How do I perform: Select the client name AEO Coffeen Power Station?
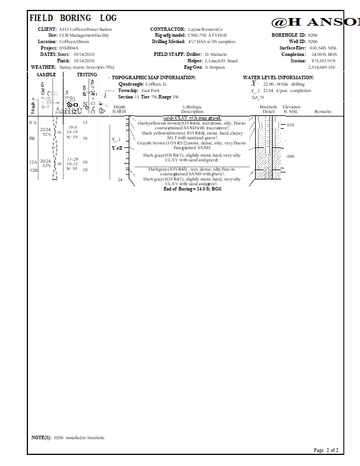86,29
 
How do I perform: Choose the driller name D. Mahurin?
216,55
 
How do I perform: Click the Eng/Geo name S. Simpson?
215,68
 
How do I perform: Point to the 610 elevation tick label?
291,125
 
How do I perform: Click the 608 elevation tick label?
291,156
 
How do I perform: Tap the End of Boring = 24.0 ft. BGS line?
192,189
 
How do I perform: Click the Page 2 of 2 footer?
326,450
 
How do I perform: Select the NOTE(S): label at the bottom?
41,437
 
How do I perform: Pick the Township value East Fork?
150,91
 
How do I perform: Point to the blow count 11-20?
73,159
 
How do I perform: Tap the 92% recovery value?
47,135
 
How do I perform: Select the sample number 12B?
33,170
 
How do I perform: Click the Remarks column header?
323,111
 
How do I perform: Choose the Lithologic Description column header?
192,110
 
